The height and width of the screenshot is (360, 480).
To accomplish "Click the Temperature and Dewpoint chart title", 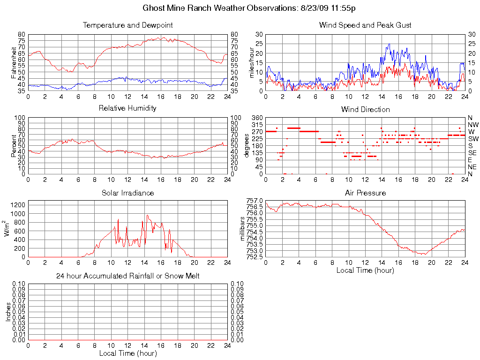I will (x=127, y=25).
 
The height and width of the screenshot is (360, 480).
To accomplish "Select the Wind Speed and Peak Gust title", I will (x=365, y=25).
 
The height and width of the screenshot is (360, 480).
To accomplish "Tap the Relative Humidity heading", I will (x=127, y=108).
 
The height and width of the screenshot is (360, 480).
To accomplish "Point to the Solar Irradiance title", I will (x=127, y=193).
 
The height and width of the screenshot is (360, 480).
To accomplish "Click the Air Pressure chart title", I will (x=365, y=193).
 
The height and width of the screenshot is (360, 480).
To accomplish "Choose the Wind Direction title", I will (x=365, y=109).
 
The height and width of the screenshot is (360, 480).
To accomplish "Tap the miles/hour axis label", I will (x=252, y=63).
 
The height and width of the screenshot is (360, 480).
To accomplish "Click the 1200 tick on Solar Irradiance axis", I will (x=18, y=204).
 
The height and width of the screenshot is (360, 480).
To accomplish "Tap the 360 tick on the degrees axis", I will (x=257, y=118).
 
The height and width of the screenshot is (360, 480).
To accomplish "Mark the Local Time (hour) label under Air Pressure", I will (x=365, y=270).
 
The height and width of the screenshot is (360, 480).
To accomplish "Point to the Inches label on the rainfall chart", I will (x=8, y=312).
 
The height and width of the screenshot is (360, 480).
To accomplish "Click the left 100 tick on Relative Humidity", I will (x=20, y=118).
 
